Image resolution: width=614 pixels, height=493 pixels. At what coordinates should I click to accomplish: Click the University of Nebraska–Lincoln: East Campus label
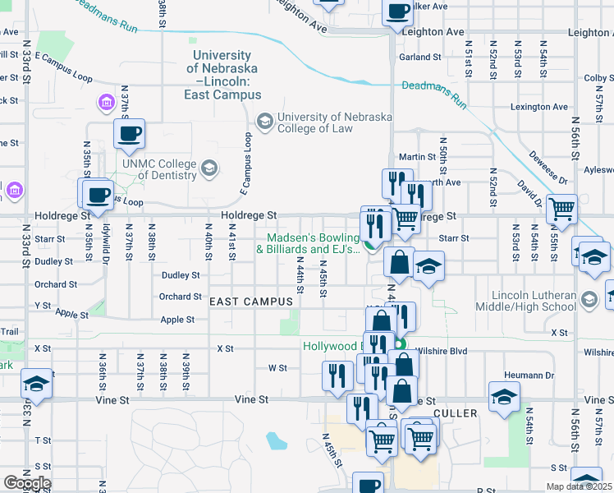point(222,75)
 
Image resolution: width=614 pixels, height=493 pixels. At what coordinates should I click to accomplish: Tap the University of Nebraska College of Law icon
point(264,122)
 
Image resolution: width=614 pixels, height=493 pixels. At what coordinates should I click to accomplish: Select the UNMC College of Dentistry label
point(160,169)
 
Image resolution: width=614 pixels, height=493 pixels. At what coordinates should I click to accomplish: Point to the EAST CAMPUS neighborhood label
point(251,302)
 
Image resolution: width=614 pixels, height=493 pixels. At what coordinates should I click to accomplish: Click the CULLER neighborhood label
point(455,412)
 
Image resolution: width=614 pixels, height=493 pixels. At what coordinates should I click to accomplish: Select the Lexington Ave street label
point(538,107)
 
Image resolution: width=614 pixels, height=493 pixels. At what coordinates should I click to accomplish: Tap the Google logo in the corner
point(26,483)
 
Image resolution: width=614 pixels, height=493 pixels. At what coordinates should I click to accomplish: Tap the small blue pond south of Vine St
point(277,441)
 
